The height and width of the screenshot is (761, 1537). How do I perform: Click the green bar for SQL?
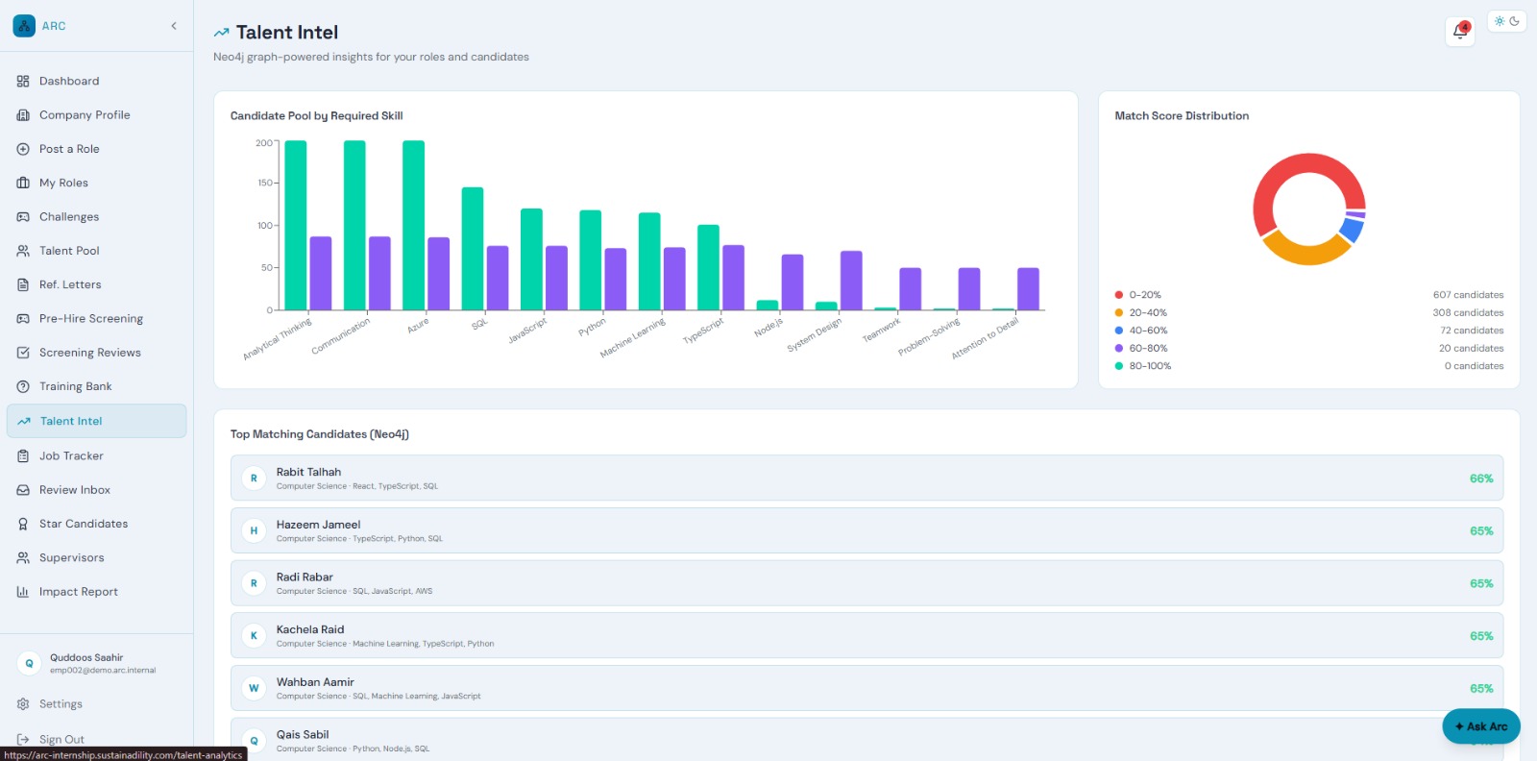coord(472,249)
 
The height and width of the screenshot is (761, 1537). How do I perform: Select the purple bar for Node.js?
coord(792,282)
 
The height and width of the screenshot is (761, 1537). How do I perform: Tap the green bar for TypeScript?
coord(708,268)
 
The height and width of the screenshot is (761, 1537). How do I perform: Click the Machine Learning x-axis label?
coord(633,337)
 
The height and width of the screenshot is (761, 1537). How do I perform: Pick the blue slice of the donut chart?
coord(1353,230)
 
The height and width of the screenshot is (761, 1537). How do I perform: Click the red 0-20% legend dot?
coord(1119,295)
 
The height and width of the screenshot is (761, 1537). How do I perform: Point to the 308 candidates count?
coord(1468,313)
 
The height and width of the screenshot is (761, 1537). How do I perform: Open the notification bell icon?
coord(1459,32)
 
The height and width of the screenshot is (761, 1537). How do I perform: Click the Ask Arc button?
coord(1480,726)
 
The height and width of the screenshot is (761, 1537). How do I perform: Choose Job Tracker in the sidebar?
coord(71,455)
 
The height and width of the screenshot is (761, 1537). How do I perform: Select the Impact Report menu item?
coord(78,592)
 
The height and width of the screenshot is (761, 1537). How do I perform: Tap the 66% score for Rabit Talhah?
coord(1480,479)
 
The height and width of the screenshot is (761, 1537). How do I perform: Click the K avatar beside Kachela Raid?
coord(254,636)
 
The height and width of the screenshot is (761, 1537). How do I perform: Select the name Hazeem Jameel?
coord(318,525)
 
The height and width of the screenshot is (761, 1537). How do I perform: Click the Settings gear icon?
coord(23,704)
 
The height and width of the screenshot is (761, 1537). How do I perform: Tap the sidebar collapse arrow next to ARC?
coord(174,26)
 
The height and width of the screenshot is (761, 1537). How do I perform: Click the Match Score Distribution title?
coord(1182,116)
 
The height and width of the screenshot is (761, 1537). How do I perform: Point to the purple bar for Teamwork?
coord(910,289)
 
